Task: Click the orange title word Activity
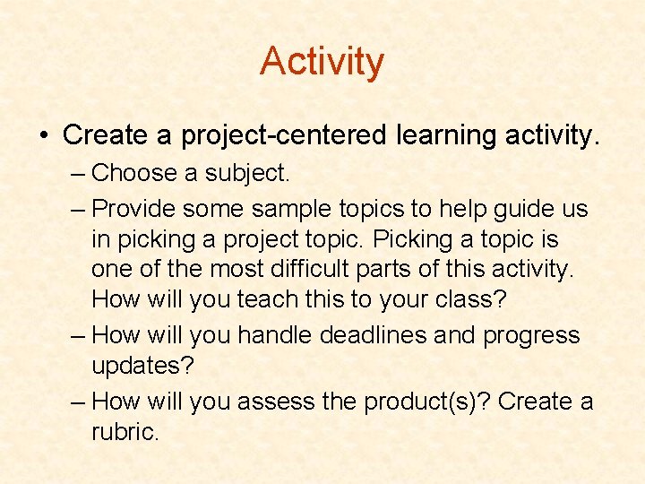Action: click(x=322, y=62)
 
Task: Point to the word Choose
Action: click(x=135, y=172)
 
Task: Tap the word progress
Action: click(x=531, y=337)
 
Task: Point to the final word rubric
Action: click(x=125, y=432)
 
